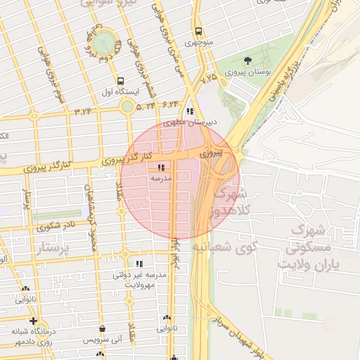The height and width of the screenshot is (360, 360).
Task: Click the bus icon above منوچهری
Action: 199,31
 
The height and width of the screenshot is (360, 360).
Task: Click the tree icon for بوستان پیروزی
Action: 247,61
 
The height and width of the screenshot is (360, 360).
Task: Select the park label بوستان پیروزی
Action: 244,73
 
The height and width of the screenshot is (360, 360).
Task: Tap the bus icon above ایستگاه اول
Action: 121,81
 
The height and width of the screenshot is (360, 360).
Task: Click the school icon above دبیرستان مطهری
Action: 190,111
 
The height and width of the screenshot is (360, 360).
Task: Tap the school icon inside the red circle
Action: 162,167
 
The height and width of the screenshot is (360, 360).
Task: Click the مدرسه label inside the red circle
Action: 162,179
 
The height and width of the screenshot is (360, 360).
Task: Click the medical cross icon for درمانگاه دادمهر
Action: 33,321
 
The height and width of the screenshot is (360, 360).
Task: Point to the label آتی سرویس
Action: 103,340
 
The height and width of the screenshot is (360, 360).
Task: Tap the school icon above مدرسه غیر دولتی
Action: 138,263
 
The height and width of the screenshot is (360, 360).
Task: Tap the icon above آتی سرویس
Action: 103,328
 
